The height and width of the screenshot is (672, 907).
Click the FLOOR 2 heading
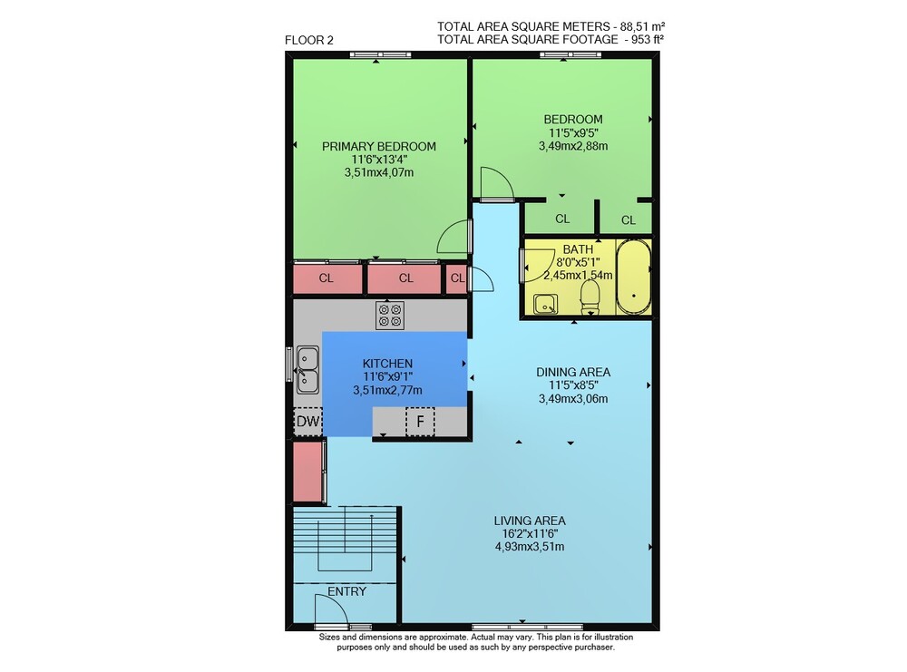[x=309, y=40]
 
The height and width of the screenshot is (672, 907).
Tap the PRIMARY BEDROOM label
[x=379, y=146]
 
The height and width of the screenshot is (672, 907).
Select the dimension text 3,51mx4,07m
[x=379, y=172]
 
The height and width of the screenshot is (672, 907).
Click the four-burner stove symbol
[x=390, y=316]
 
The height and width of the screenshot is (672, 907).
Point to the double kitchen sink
[x=307, y=369]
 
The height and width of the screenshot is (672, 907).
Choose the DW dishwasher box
[x=307, y=421]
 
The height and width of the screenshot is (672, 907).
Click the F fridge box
[x=421, y=422]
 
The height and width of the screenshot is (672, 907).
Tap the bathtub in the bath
[x=633, y=277]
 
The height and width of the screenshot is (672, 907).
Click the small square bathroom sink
[x=545, y=304]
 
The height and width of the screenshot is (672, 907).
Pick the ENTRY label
[x=347, y=591]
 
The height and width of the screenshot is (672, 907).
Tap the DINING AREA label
[x=573, y=372]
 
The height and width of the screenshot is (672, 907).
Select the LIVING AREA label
[x=530, y=521]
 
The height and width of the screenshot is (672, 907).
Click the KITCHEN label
[x=387, y=363]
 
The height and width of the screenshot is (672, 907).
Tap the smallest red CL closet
[x=456, y=278]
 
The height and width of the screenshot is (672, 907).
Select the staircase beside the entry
[x=346, y=545]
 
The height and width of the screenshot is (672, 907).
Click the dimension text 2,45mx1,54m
[x=578, y=276]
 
